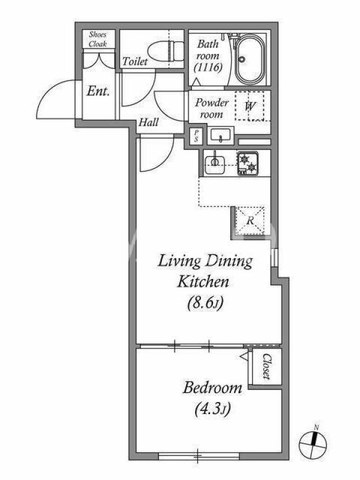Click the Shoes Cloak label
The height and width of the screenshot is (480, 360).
98,39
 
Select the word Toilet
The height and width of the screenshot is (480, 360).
135,62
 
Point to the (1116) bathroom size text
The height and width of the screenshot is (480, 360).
208,67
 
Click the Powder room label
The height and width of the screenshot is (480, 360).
212,109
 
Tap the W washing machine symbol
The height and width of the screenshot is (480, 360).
250,106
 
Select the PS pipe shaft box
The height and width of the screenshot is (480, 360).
196,136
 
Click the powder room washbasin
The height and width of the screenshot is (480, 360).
220,136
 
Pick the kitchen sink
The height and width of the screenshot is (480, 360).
215,164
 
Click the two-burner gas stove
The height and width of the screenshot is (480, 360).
248,164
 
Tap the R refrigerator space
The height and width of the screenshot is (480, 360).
250,220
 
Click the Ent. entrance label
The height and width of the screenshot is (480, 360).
98,91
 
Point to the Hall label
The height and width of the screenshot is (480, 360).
148,122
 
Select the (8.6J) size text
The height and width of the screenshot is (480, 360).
205,303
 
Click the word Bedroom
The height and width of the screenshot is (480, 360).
212,388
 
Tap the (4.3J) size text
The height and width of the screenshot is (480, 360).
212,409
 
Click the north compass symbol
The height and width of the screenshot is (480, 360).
313,444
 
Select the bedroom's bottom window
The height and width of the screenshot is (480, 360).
199,457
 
